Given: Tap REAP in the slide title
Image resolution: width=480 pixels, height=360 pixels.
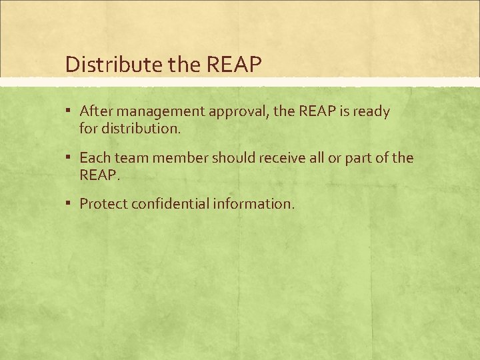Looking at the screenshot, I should pyautogui.click(x=235, y=65).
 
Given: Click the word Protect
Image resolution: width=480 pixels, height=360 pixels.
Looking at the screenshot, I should pyautogui.click(x=103, y=204).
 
